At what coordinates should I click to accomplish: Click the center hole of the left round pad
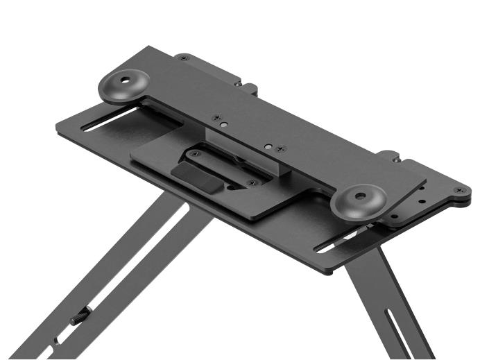click(x=126, y=80)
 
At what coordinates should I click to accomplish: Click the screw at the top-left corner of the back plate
click(x=183, y=58)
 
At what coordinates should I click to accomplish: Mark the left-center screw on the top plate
click(x=216, y=118)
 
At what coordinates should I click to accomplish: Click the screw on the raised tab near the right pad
click(x=397, y=159)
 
